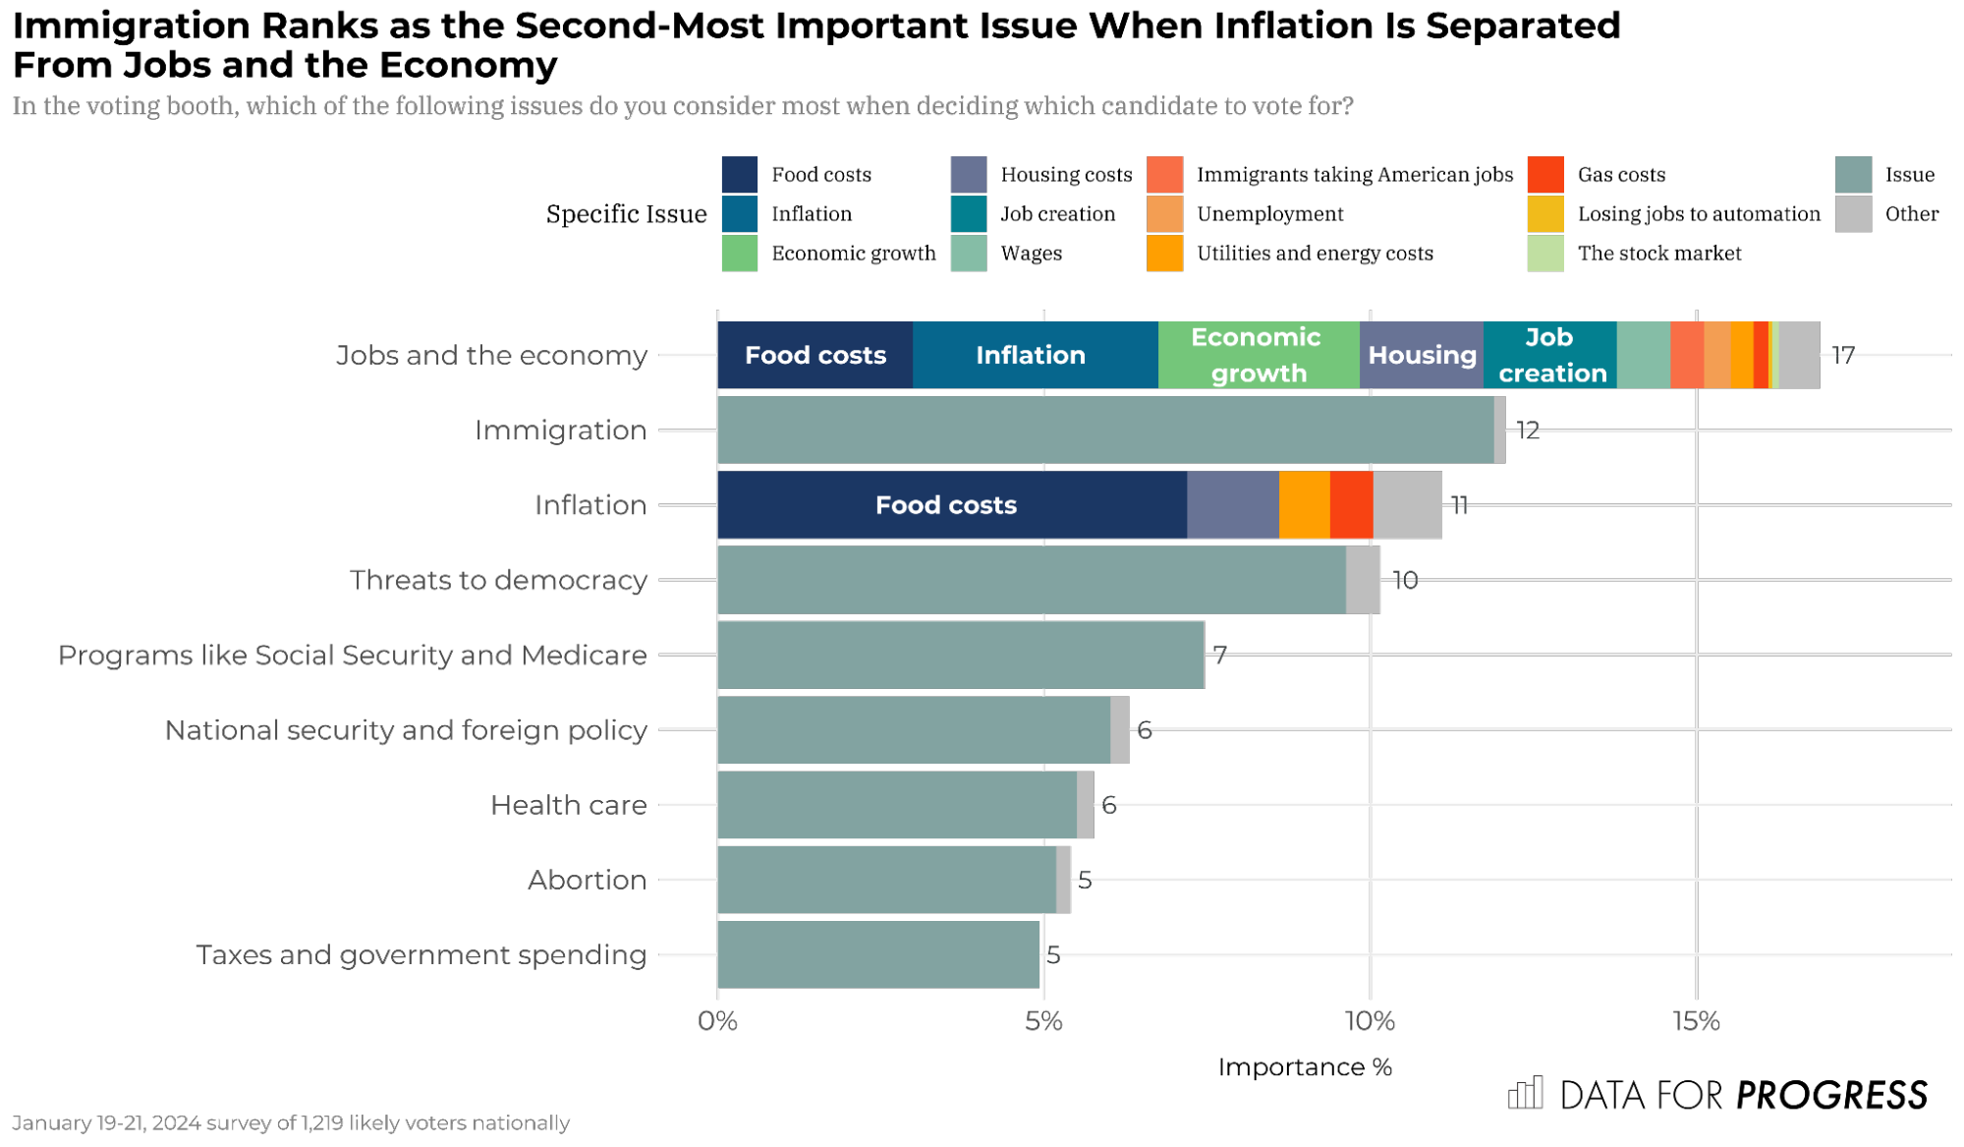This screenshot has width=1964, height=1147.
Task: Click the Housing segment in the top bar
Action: pyautogui.click(x=1422, y=355)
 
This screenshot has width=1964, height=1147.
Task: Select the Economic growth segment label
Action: pyautogui.click(x=1258, y=355)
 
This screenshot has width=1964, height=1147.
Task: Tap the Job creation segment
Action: pyautogui.click(x=1550, y=355)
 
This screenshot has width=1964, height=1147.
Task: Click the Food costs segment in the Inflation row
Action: pyautogui.click(x=946, y=505)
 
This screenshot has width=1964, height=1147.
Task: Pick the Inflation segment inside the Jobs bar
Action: pyautogui.click(x=1032, y=355)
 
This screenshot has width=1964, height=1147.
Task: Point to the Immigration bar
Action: pyautogui.click(x=1105, y=430)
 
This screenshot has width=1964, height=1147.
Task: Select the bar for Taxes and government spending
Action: pyautogui.click(x=877, y=954)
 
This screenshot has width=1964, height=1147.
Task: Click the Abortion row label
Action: pyautogui.click(x=587, y=880)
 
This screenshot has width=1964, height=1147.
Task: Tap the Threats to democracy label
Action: pyautogui.click(x=498, y=580)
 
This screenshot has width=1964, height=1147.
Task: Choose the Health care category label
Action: pyautogui.click(x=569, y=805)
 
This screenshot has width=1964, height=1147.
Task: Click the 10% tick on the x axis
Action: pyautogui.click(x=1370, y=1022)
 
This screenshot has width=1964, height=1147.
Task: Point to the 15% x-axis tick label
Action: pyautogui.click(x=1696, y=1022)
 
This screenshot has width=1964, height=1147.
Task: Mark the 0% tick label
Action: pyautogui.click(x=717, y=1022)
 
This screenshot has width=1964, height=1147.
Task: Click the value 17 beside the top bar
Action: pyautogui.click(x=1843, y=356)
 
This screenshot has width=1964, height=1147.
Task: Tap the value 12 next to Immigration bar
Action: pyautogui.click(x=1527, y=430)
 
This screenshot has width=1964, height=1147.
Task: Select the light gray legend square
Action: pyautogui.click(x=1853, y=213)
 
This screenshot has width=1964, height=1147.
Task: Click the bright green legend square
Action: pyautogui.click(x=739, y=253)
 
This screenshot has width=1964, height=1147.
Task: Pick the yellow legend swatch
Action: pyautogui.click(x=1545, y=213)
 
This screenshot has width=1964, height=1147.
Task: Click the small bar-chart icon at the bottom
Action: pyautogui.click(x=1526, y=1093)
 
